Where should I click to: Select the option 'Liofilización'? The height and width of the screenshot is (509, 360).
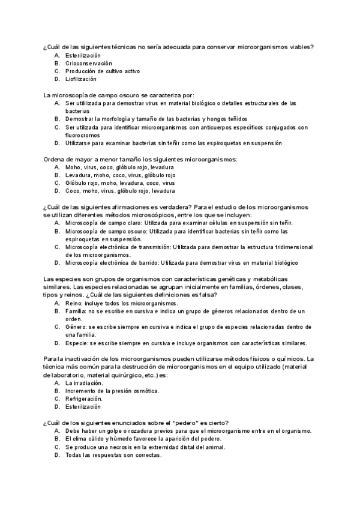tap(81, 79)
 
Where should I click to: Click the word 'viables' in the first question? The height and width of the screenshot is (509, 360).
tap(302, 47)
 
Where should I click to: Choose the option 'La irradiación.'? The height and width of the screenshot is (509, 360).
tap(84, 382)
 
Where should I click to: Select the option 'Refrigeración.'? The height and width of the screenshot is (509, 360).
tap(83, 399)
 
